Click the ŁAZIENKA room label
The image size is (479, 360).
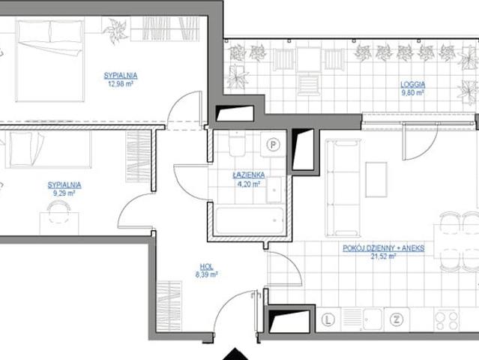click(x=249, y=175)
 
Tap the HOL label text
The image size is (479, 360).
click(x=206, y=266)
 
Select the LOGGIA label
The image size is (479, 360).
click(x=413, y=84)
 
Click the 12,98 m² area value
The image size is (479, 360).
click(x=121, y=84)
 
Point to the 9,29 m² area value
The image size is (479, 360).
click(x=64, y=193)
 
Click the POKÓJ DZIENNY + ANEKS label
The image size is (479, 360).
click(x=383, y=247)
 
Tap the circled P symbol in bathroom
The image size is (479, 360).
click(x=273, y=144)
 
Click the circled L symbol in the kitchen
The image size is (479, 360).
click(x=328, y=319)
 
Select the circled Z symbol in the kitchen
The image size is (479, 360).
click(x=397, y=319)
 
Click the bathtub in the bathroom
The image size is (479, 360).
click(x=250, y=221)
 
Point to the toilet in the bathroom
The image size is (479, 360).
click(x=237, y=144)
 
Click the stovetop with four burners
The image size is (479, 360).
click(x=447, y=319)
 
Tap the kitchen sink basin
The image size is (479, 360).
click(x=372, y=319)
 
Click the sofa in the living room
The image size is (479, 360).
click(x=343, y=187)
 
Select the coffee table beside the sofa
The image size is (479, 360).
click(x=376, y=179)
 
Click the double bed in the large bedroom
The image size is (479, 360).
click(x=50, y=60)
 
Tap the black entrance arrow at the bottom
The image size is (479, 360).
click(x=235, y=354)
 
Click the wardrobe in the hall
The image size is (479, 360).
click(x=169, y=305)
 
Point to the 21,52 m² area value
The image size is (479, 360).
click(x=383, y=256)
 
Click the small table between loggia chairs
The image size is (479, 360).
click(x=309, y=60)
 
